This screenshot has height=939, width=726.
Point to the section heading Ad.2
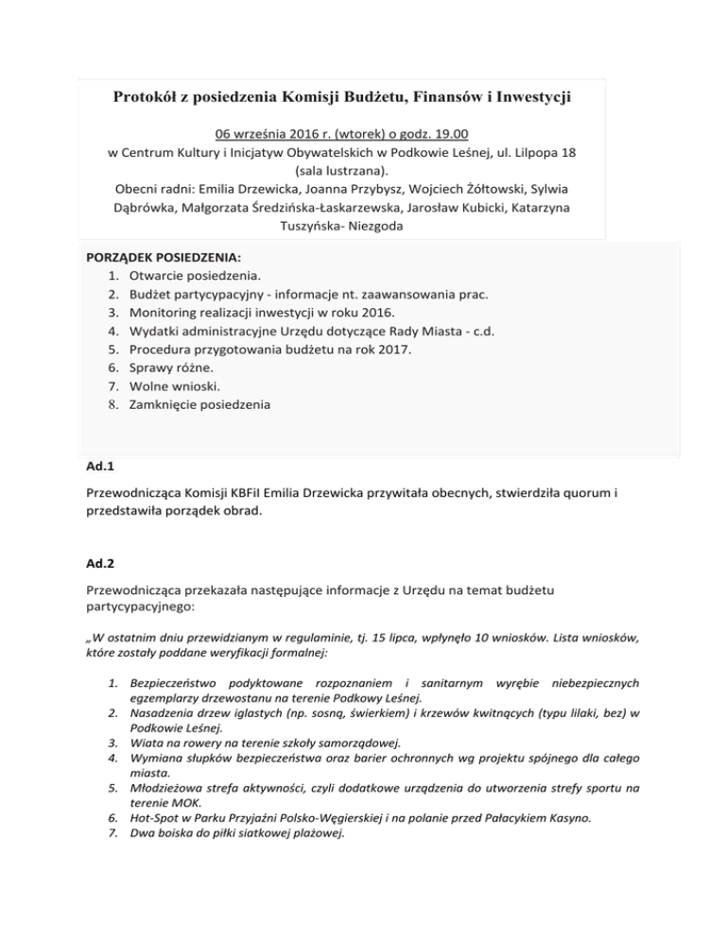[98, 564]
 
